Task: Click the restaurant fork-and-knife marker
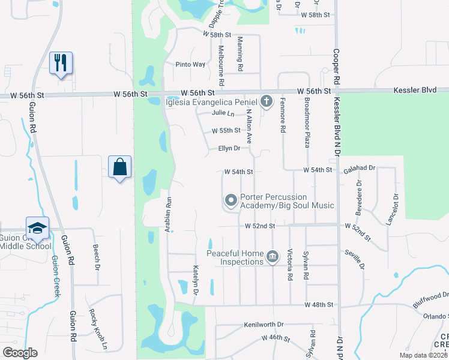point(61,62)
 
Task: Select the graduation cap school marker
point(37,229)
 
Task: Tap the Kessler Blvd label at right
point(414,90)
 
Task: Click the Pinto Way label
point(190,64)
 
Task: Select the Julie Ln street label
point(223,113)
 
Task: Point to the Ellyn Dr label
point(229,148)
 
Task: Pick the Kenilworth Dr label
point(264,325)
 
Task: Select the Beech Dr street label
point(95,256)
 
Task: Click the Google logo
point(20,353)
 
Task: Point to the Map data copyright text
point(423,355)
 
